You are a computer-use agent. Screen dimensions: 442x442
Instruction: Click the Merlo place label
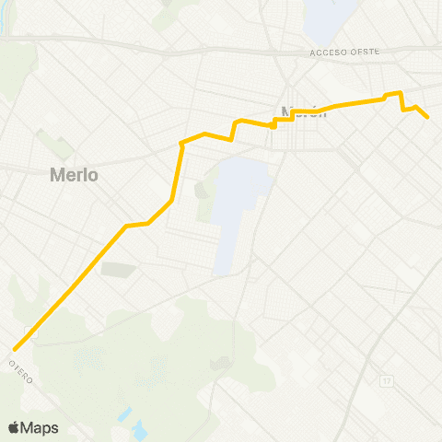tap(75, 174)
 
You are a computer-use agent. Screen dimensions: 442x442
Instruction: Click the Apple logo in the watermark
tap(15, 427)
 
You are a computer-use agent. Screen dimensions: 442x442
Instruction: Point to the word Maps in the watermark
tap(40, 427)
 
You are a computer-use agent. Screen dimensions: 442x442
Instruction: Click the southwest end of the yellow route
tap(16, 349)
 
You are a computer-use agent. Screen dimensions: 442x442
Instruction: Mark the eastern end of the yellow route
tap(428, 117)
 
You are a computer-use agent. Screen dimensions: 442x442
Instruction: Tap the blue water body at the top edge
tap(322, 14)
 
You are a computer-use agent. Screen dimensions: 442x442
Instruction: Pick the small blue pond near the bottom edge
tap(138, 429)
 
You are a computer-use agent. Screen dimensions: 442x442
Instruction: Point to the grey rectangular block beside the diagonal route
tap(117, 270)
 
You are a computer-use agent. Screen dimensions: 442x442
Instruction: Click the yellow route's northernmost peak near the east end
tap(399, 92)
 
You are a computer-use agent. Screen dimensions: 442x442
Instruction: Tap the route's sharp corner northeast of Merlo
tap(180, 144)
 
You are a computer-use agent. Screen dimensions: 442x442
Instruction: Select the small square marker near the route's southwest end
tap(34, 337)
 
